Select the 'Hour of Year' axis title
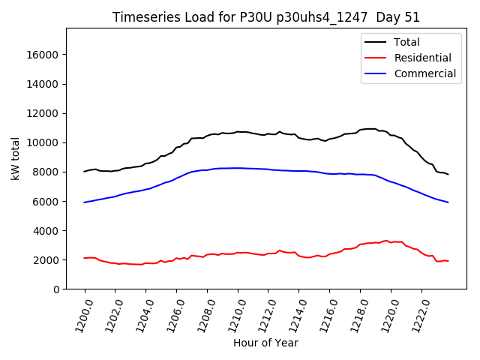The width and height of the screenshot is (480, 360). [x=265, y=343]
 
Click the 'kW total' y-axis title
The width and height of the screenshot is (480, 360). [x=15, y=158]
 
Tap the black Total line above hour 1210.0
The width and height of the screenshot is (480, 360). [x=238, y=132]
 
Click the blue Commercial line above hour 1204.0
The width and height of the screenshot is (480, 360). [x=146, y=189]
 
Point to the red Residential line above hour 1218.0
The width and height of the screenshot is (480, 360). [x=360, y=244]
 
